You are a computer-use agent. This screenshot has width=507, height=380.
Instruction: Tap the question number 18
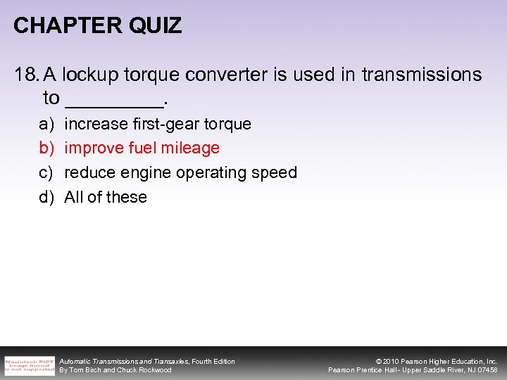pos(25,75)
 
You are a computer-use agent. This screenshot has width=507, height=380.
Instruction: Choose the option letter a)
pos(46,125)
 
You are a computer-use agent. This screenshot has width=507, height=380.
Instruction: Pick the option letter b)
pos(46,148)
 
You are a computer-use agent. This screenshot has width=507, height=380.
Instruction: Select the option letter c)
pos(46,173)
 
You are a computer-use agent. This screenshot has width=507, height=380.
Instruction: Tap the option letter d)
pos(46,197)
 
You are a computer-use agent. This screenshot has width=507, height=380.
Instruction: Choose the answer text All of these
pos(106,197)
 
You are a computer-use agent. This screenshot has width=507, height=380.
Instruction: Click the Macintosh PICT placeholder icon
pos(29,365)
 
